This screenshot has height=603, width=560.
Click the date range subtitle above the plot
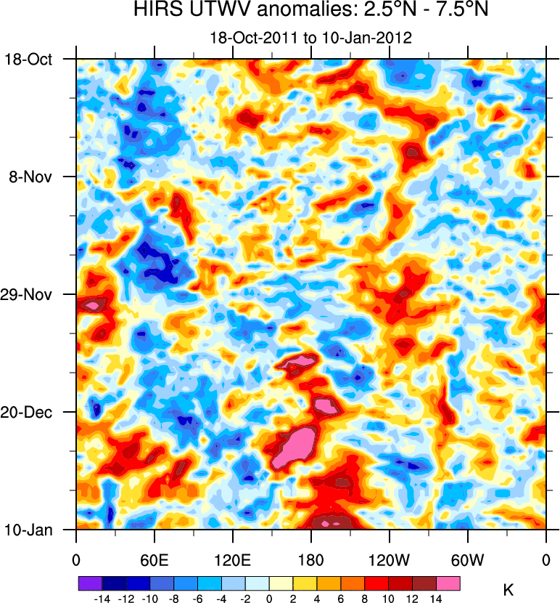pyautogui.click(x=310, y=38)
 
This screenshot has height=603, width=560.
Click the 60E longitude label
pyautogui.click(x=155, y=560)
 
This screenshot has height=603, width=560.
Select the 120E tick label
pyautogui.click(x=233, y=560)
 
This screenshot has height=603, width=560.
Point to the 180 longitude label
pyautogui.click(x=311, y=560)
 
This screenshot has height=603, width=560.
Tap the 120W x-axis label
pyautogui.click(x=390, y=560)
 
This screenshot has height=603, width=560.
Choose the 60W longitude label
pyautogui.click(x=468, y=560)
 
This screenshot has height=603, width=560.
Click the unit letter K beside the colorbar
pyautogui.click(x=508, y=587)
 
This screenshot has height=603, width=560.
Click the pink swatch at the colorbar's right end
pyautogui.click(x=448, y=583)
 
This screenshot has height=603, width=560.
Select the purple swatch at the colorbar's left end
pyautogui.click(x=90, y=583)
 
